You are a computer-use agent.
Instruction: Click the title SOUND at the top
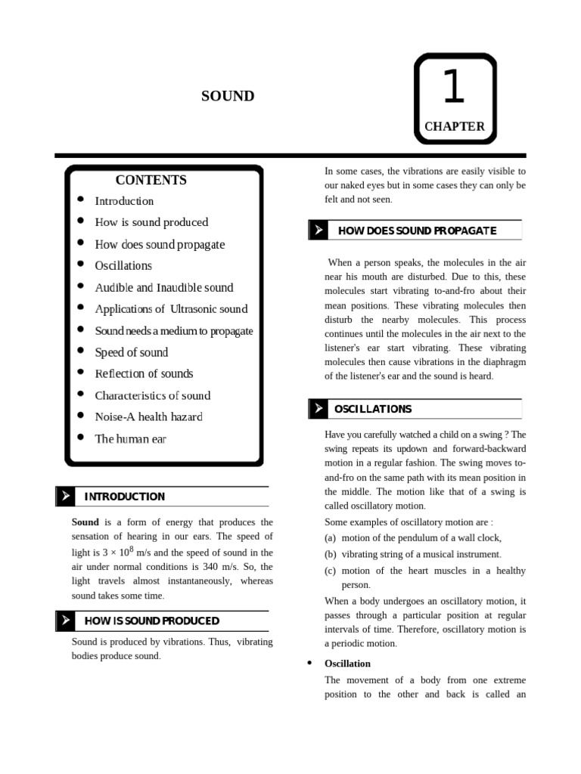coord(228,96)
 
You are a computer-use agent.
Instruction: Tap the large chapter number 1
coord(453,87)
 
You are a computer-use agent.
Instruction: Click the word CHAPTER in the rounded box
coord(454,126)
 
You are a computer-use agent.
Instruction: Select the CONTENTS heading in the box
coord(151,180)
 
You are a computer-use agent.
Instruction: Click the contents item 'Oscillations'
coord(123,266)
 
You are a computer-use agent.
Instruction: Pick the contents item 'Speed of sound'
coord(131,352)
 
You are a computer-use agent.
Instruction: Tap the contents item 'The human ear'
coord(130,438)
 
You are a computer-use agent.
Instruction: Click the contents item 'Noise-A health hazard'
coord(148,416)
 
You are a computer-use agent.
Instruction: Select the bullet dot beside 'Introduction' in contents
coord(81,200)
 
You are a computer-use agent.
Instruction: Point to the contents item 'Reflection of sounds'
coord(144,373)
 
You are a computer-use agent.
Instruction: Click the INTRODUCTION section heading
coord(124,497)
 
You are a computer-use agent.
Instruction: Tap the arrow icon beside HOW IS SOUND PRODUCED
coord(66,621)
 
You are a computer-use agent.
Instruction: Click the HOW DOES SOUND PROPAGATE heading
coord(417,231)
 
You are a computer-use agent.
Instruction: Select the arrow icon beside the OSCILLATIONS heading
coord(318,409)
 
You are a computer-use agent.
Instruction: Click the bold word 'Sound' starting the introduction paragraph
coord(85,522)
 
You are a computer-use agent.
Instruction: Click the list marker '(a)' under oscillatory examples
coord(331,538)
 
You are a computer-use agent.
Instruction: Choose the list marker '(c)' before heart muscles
coord(331,571)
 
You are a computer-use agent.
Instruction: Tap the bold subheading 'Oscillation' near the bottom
coord(347,664)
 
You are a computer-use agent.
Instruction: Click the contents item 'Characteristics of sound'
coord(152,395)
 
